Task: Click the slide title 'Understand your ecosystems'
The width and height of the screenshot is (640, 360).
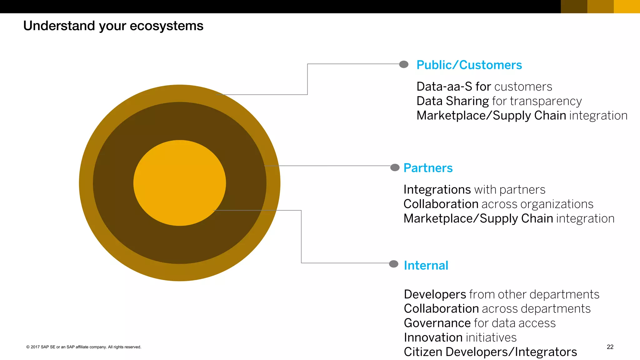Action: (113, 26)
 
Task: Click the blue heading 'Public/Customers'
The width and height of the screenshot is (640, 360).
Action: (469, 65)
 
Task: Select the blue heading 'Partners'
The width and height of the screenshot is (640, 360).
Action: (428, 168)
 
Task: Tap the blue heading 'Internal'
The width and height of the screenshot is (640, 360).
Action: (426, 265)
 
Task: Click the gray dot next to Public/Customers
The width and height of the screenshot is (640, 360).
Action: (404, 64)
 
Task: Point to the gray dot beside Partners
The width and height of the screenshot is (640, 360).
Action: (395, 167)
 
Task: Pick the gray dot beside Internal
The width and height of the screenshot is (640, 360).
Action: (394, 264)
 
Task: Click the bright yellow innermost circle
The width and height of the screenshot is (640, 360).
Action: (179, 183)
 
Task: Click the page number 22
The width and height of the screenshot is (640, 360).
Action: (610, 347)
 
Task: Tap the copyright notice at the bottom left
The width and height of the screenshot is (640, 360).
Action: (84, 347)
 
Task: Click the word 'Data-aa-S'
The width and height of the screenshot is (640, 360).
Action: (444, 87)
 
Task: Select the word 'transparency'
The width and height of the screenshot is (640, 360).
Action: (546, 101)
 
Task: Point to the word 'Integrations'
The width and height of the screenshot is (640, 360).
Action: (437, 190)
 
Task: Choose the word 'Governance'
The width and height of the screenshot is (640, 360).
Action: (437, 323)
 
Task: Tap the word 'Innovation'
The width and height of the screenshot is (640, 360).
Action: (433, 337)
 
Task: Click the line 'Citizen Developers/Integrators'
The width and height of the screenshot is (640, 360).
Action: (490, 352)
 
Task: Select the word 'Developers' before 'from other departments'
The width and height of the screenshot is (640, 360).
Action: (435, 294)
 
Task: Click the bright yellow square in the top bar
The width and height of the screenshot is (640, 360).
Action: (627, 7)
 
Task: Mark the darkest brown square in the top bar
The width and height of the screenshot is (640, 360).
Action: (574, 7)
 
